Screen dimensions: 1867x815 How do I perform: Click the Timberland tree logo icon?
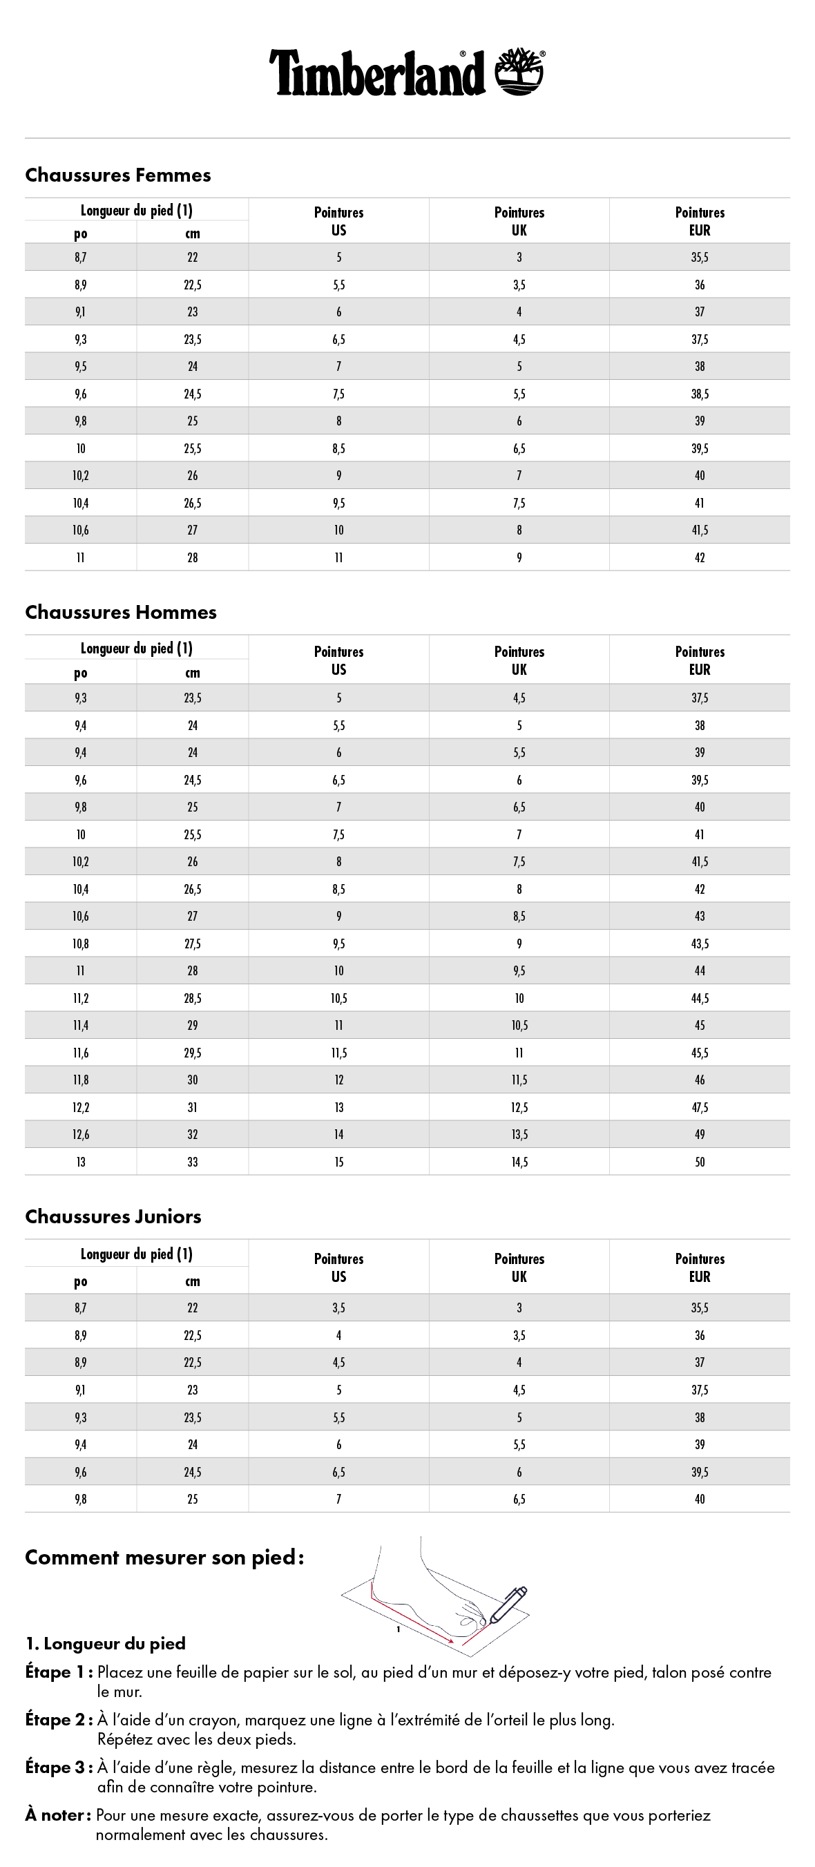pos(519,72)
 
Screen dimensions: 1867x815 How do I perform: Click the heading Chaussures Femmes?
pos(118,175)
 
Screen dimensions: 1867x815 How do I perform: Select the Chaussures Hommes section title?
pos(121,613)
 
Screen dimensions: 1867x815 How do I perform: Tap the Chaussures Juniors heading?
pos(113,1217)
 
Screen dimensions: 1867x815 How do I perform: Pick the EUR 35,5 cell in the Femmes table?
pos(699,258)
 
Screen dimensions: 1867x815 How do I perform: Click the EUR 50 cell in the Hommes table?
pos(699,1162)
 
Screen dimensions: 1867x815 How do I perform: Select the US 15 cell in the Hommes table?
pos(338,1162)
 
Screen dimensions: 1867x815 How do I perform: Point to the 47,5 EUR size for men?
pos(699,1107)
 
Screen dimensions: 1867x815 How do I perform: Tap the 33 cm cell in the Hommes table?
pos(192,1162)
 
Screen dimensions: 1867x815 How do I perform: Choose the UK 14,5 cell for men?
pos(519,1162)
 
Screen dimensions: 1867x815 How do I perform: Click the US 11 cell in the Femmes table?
pos(338,557)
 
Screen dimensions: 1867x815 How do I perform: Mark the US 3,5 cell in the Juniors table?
pos(338,1308)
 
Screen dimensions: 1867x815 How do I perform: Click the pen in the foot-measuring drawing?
pos(508,1605)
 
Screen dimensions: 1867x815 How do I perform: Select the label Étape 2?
pos(58,1721)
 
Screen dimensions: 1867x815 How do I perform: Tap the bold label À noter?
pos(58,1815)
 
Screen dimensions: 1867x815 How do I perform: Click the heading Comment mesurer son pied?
pos(164,1558)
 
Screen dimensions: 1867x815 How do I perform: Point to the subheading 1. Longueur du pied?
pos(106,1644)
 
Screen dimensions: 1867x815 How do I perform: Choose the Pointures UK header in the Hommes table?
pos(519,660)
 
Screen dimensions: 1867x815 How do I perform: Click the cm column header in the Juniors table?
pos(192,1281)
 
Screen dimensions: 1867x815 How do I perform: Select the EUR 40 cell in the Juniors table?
pos(699,1499)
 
